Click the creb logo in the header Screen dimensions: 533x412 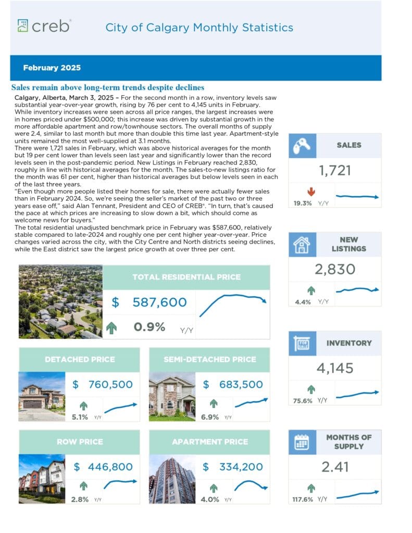44,26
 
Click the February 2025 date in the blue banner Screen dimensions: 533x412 52,68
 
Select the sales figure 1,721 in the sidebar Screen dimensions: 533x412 335,170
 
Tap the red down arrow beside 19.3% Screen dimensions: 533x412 311,192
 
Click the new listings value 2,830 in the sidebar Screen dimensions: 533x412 335,269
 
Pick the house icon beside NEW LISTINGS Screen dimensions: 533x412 303,244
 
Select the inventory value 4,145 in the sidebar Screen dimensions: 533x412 335,368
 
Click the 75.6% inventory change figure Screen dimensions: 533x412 303,401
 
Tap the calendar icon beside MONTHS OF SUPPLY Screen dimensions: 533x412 303,442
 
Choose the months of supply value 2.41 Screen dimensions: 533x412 335,467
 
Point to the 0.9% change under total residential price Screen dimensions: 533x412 149,327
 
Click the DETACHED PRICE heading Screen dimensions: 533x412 80,359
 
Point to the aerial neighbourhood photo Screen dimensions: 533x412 60,302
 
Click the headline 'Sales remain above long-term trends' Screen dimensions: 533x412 108,87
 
